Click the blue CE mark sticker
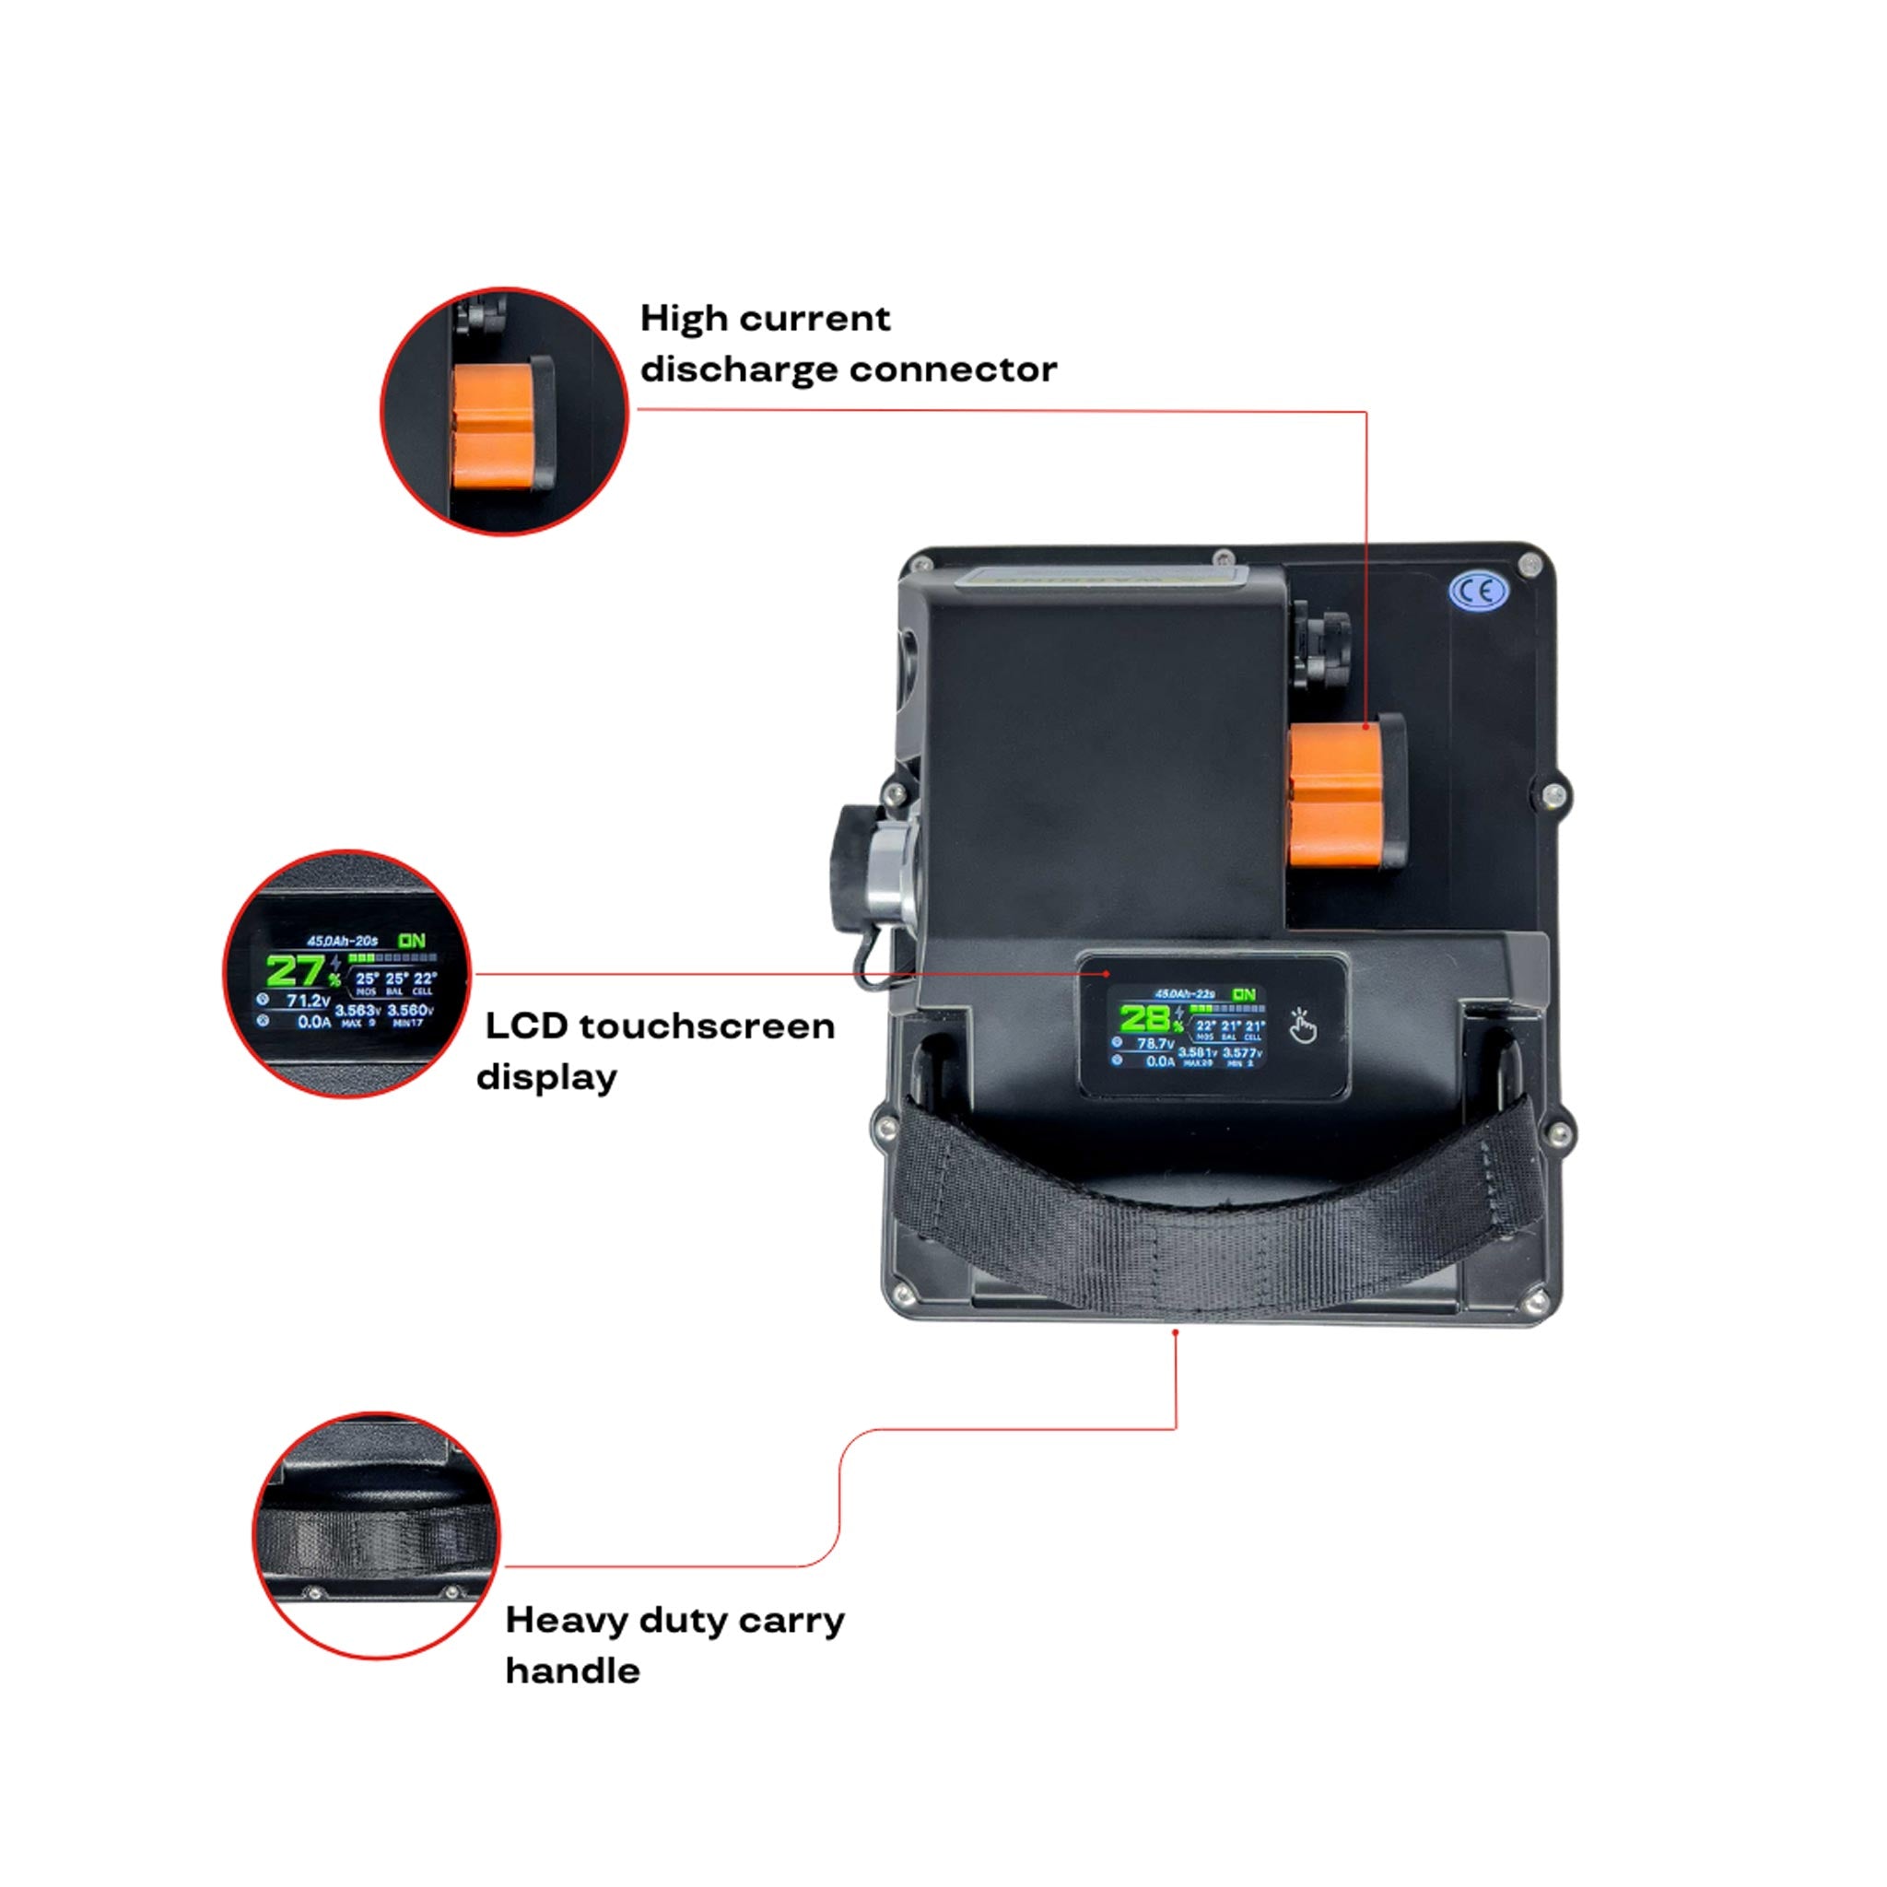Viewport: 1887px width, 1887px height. click(x=1478, y=591)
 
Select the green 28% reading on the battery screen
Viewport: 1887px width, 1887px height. click(x=1145, y=1020)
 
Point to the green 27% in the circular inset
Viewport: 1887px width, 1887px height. click(x=295, y=971)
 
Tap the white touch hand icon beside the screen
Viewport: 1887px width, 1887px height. click(x=1302, y=1026)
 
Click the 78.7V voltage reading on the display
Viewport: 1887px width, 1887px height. click(x=1155, y=1044)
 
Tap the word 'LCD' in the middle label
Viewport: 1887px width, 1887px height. click(x=525, y=1026)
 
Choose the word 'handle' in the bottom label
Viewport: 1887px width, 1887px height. click(x=572, y=1671)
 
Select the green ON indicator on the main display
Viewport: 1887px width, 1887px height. click(x=1243, y=994)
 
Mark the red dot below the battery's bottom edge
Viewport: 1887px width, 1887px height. click(x=1176, y=1332)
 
